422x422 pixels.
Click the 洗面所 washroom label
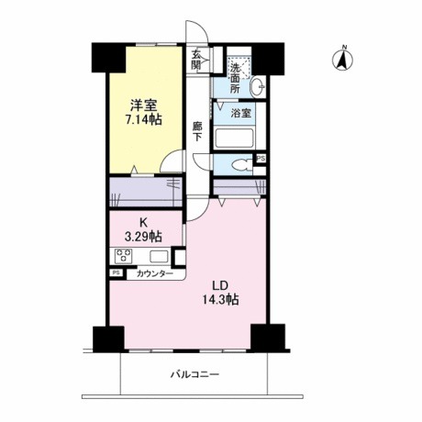(236, 79)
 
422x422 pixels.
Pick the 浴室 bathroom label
(239, 115)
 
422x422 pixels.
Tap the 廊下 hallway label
(197, 130)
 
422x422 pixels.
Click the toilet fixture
(240, 166)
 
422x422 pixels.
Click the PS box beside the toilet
(261, 159)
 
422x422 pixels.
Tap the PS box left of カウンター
(117, 272)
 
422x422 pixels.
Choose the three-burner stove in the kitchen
(126, 257)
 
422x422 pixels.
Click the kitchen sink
(158, 257)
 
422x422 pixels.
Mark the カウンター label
(153, 273)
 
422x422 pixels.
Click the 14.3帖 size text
(220, 300)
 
